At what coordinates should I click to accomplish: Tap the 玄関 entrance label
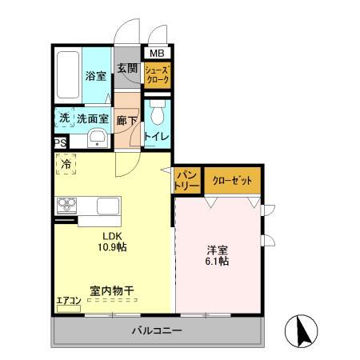[128, 68]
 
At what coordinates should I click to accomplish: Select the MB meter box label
[157, 54]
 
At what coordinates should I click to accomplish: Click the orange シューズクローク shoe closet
[157, 76]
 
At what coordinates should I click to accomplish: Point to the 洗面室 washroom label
[92, 118]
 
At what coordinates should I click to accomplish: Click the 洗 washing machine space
[64, 117]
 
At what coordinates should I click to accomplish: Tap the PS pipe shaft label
[61, 143]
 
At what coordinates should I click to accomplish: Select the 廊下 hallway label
[127, 120]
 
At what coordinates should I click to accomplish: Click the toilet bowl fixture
[156, 108]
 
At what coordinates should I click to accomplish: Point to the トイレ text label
[157, 137]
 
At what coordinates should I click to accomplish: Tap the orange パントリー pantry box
[186, 181]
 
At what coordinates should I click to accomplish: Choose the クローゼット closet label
[232, 181]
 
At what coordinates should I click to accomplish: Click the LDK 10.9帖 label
[113, 242]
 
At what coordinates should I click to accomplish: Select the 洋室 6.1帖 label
[218, 254]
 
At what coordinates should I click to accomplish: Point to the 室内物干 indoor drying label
[111, 292]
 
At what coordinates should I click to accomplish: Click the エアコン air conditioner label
[68, 302]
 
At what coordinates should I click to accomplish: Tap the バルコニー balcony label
[157, 330]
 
